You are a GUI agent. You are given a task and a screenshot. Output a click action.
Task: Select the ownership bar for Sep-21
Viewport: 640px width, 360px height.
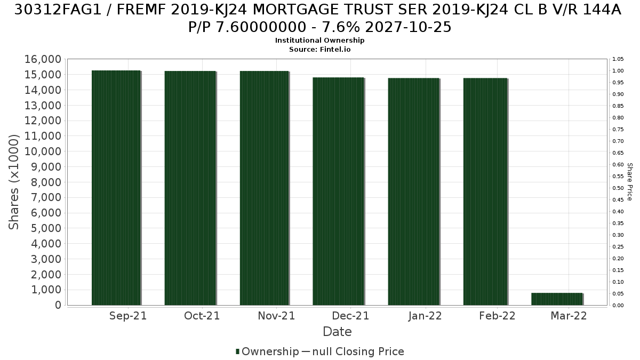(116, 188)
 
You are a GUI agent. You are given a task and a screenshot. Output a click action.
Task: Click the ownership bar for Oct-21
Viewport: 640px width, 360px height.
(190, 188)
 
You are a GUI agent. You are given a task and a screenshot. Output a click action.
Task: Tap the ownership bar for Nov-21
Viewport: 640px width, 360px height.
(265, 188)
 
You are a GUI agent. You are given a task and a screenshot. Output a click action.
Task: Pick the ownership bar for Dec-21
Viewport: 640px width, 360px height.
(338, 191)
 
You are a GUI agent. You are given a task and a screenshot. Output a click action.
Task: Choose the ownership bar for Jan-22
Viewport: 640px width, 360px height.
(413, 191)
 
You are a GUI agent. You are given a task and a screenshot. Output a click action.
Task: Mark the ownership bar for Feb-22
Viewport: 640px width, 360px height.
(485, 191)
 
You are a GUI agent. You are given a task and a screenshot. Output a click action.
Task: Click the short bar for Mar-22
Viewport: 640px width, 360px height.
(557, 299)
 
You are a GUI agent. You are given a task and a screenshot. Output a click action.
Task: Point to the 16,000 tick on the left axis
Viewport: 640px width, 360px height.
(43, 59)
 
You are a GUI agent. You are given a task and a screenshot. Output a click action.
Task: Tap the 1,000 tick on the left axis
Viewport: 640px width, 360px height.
(46, 290)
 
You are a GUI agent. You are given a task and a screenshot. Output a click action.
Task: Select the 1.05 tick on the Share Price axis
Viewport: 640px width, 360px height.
(618, 59)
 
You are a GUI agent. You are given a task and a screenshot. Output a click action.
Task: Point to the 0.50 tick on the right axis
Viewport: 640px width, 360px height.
(618, 188)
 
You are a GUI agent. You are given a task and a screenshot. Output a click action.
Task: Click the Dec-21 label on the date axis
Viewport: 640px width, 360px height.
(350, 316)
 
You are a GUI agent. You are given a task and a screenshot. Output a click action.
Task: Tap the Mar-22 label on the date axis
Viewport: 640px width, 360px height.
(569, 316)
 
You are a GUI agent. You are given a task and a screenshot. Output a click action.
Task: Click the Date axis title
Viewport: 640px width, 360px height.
(337, 332)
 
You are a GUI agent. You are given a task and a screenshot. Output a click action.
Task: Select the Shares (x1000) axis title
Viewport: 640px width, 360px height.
(14, 182)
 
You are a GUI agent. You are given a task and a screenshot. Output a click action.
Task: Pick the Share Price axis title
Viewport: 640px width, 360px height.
(630, 182)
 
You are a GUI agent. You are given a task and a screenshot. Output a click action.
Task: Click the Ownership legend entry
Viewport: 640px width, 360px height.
(267, 351)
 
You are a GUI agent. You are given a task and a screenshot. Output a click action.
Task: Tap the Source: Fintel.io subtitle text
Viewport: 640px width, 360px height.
(319, 50)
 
